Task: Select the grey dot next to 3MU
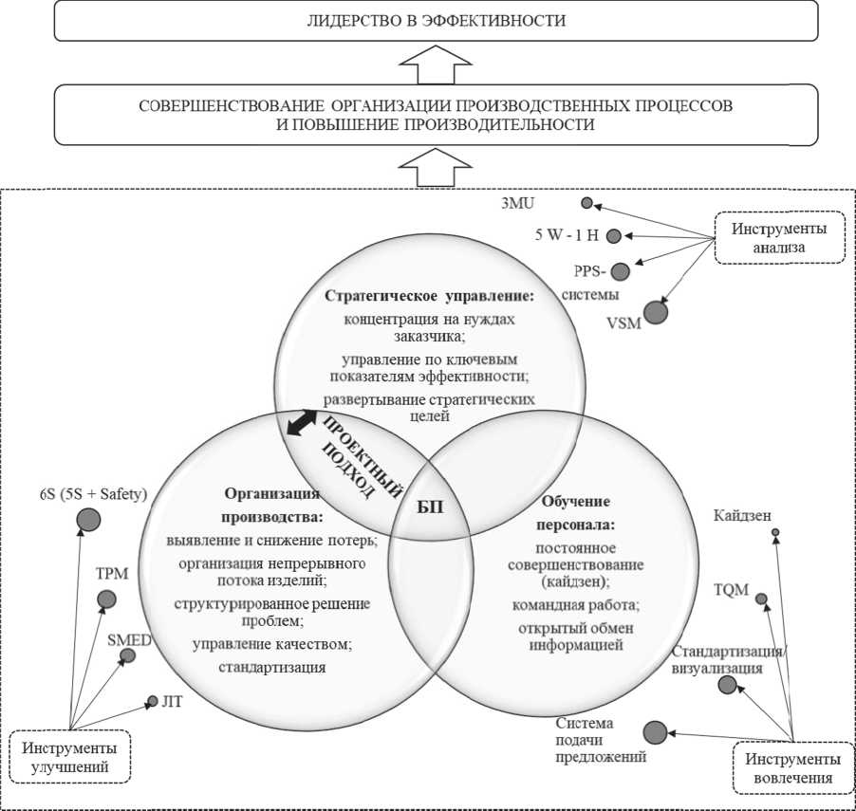[x=587, y=202]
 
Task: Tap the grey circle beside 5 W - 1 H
[x=614, y=236]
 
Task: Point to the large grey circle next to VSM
[x=656, y=310]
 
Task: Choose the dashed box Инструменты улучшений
[x=71, y=756]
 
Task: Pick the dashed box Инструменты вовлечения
[x=790, y=767]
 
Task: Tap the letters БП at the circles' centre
[x=430, y=505]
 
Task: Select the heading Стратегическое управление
[x=430, y=296]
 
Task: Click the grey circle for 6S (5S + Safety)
[x=89, y=519]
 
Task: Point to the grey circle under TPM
[x=106, y=599]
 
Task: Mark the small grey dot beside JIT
[x=152, y=702]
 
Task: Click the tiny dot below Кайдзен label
[x=775, y=533]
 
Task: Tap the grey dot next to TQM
[x=761, y=598]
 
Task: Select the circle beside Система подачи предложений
[x=655, y=732]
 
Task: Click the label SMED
[x=129, y=640]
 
